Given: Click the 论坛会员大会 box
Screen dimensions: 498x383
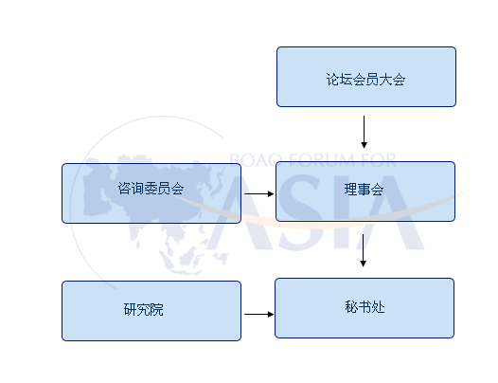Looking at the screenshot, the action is click(366, 77).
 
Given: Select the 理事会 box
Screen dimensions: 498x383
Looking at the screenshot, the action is click(365, 191).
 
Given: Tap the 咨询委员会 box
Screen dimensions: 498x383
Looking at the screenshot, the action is click(151, 193).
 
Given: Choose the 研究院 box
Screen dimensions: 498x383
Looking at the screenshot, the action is click(151, 311).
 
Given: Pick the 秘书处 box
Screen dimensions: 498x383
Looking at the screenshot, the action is click(365, 308).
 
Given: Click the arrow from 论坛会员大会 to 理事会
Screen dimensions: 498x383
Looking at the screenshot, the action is click(364, 132).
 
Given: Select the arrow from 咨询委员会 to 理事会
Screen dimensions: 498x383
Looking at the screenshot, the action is click(259, 193).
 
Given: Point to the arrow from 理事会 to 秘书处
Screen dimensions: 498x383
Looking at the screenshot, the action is click(363, 250).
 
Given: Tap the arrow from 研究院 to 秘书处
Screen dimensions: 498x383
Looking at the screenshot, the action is click(259, 315).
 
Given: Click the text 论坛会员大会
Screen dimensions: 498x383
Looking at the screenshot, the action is click(365, 80).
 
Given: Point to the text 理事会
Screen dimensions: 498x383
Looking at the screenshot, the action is click(364, 190).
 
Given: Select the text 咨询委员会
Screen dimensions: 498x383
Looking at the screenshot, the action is click(151, 189).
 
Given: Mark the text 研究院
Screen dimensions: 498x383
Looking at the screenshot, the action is click(144, 309).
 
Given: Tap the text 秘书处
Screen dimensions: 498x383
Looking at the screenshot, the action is click(365, 307).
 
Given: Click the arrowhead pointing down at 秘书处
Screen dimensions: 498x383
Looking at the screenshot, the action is click(363, 264).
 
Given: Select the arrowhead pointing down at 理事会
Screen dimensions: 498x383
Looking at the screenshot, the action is click(364, 145).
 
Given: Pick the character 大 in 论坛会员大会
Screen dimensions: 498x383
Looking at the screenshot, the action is click(385, 80).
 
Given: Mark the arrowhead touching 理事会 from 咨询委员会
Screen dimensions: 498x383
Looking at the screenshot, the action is click(271, 193).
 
